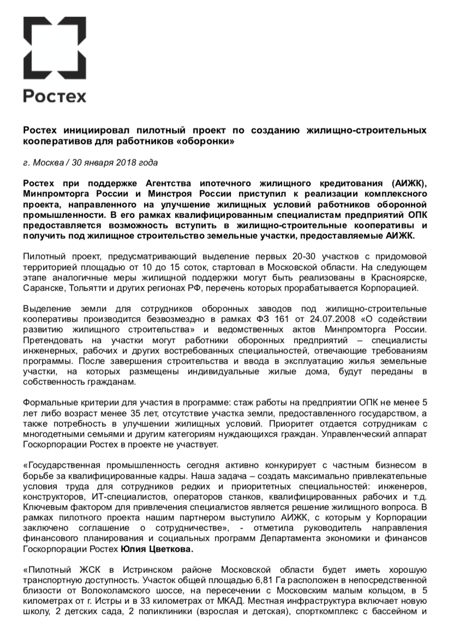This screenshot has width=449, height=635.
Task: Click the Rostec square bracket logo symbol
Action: click(x=54, y=47)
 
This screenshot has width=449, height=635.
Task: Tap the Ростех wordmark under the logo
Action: click(x=55, y=96)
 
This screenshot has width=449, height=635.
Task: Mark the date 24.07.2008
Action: click(x=310, y=318)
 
